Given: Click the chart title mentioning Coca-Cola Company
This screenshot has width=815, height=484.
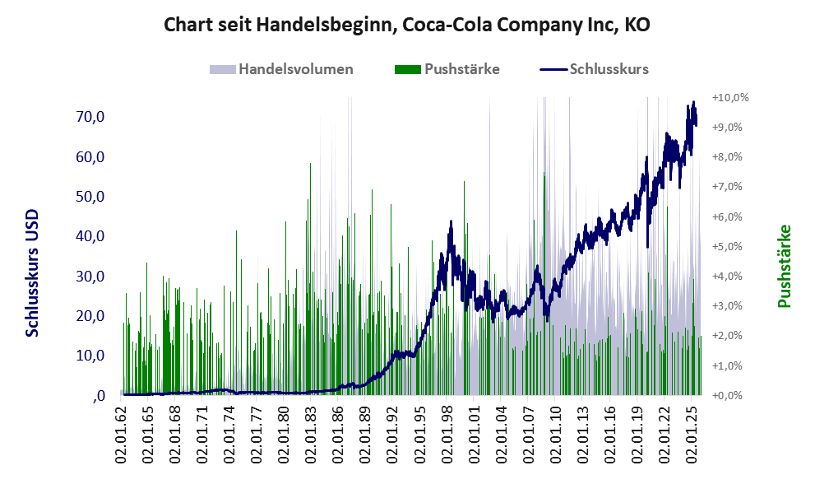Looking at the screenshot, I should (407, 25).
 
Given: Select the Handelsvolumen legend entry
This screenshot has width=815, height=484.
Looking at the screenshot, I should (295, 69).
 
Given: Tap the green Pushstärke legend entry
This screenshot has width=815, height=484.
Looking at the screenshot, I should (461, 69).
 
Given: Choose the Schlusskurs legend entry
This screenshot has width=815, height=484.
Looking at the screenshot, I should (609, 69).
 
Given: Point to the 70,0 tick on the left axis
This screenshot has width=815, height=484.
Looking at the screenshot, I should (89, 117).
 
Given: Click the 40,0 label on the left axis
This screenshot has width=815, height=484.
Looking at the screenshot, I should (89, 236).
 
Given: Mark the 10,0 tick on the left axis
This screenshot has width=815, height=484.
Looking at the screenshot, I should (89, 356).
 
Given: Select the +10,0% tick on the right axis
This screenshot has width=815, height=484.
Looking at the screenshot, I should (729, 97).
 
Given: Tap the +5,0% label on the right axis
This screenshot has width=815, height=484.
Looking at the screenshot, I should (729, 246).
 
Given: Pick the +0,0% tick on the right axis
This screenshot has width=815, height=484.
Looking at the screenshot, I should (729, 395).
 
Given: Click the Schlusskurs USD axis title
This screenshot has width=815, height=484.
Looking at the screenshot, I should (33, 272).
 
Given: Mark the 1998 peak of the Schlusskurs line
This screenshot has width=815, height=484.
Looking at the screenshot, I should (451, 221).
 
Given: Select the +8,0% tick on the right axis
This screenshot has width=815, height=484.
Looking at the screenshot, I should (729, 156).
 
